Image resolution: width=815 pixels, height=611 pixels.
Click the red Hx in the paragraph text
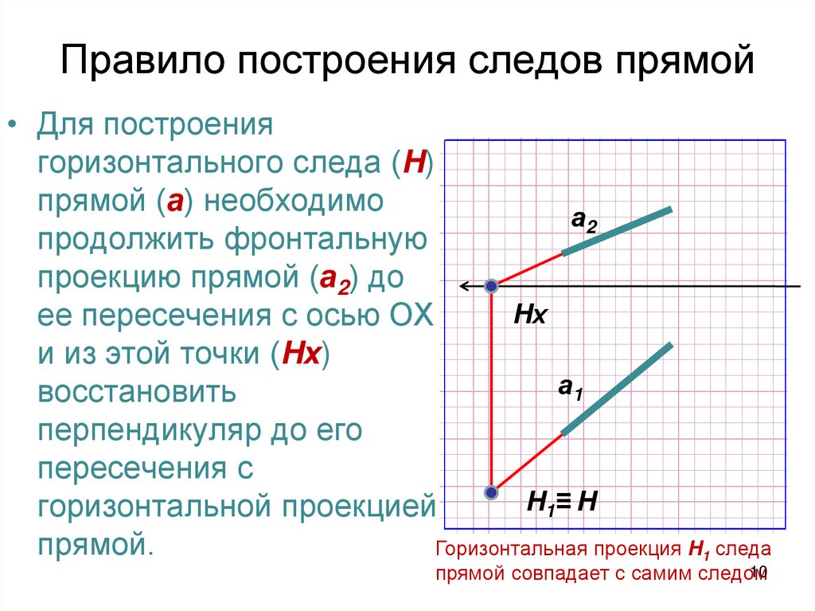tap(299, 355)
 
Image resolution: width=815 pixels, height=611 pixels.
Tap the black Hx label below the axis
tap(529, 315)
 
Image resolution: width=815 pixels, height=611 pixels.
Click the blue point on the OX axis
tap(492, 285)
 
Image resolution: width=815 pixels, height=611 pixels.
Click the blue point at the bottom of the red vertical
tap(492, 492)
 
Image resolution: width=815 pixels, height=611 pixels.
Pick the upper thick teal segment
tap(618, 232)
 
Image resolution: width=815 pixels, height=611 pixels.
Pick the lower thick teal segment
tap(618, 389)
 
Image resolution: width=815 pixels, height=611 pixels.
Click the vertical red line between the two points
tap(492, 390)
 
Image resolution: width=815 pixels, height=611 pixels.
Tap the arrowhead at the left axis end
tap(463, 285)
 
